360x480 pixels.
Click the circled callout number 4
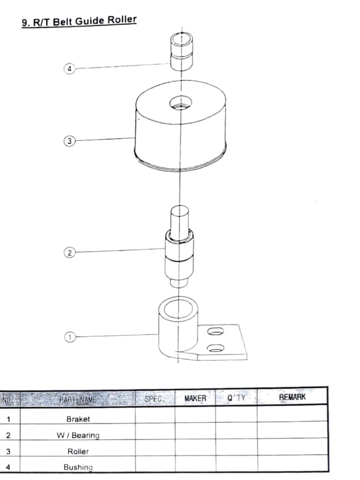click(x=69, y=69)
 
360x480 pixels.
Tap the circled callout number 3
click(x=69, y=141)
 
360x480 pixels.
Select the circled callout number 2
click(x=69, y=253)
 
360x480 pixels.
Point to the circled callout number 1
click(x=70, y=337)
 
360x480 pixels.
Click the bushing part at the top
click(x=182, y=52)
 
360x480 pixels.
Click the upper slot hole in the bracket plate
click(x=216, y=331)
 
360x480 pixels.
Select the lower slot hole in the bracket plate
click(x=216, y=348)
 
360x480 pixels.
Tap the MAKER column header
click(x=195, y=398)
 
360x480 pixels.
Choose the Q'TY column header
click(x=237, y=398)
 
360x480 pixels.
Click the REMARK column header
click(x=292, y=397)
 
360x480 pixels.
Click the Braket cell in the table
click(x=78, y=419)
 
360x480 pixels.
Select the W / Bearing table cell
click(x=78, y=436)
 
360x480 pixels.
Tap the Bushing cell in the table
click(x=78, y=467)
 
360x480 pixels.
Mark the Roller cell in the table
click(x=78, y=451)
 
